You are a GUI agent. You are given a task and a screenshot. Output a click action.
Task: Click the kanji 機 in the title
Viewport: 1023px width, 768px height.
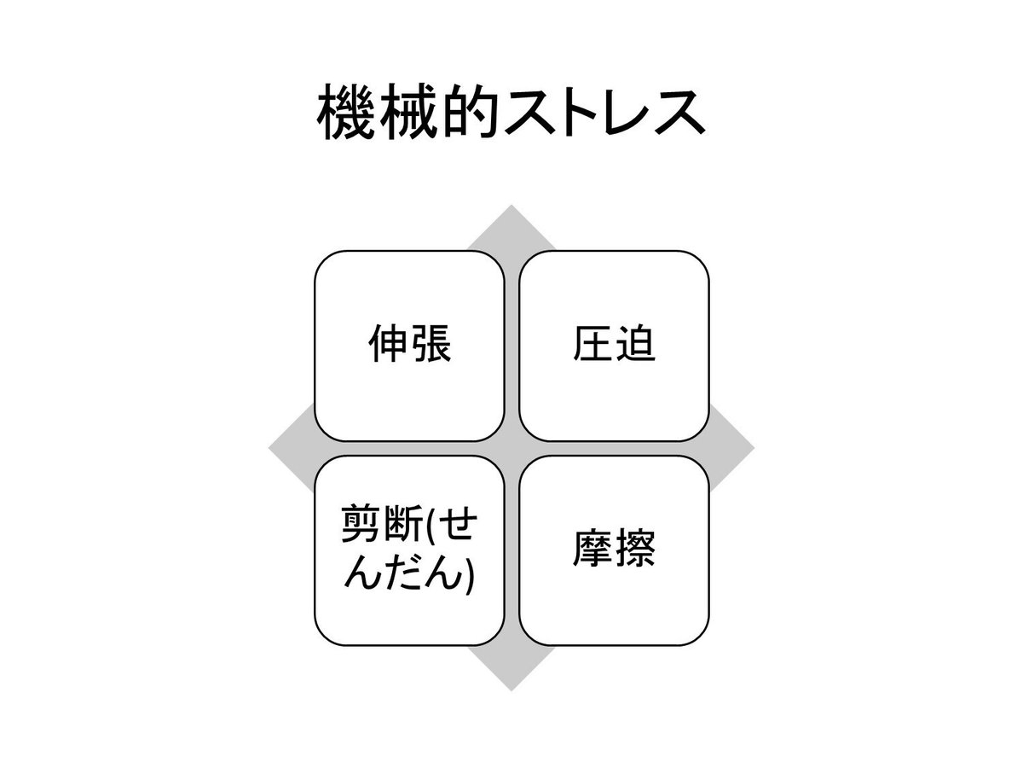(x=344, y=113)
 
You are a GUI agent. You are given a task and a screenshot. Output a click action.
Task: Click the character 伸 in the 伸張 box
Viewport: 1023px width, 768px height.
(x=388, y=346)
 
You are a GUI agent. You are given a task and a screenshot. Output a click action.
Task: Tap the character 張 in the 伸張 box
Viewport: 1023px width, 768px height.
(x=431, y=346)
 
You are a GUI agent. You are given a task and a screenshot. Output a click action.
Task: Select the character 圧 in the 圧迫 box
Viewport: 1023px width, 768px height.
(x=592, y=346)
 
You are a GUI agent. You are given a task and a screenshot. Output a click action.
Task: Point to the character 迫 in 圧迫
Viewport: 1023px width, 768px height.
(x=635, y=346)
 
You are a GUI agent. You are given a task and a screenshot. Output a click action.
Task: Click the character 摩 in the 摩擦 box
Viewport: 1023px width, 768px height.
(x=592, y=550)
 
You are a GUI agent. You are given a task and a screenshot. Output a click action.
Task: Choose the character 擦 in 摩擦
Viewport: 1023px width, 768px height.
(x=635, y=550)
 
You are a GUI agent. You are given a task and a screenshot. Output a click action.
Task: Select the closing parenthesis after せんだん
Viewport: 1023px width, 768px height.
(x=470, y=573)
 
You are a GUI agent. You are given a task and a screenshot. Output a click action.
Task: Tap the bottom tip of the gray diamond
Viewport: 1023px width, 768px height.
(x=511, y=688)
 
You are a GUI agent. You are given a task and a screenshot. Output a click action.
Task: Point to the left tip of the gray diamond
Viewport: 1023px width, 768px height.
(x=272, y=448)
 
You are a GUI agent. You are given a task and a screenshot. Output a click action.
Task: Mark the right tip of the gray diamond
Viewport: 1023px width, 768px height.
(x=752, y=448)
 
